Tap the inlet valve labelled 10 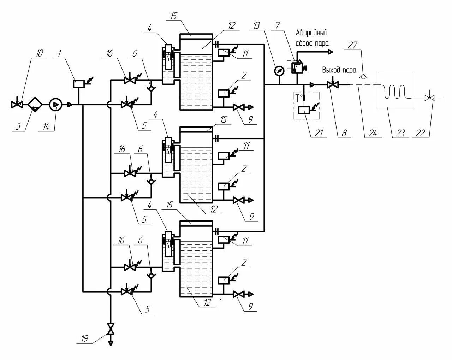[16, 105]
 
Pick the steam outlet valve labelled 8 [332, 85]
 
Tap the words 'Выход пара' [339, 70]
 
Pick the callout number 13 [257, 25]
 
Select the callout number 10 [39, 53]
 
